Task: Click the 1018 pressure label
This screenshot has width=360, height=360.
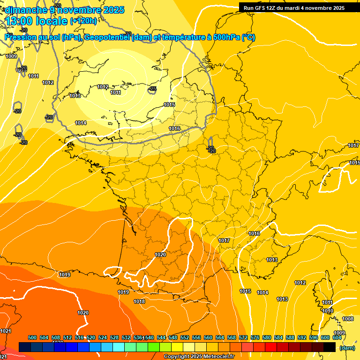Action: (x=139, y=301)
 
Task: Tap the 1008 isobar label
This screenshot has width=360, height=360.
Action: (x=348, y=319)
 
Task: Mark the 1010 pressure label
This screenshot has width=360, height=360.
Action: (x=328, y=311)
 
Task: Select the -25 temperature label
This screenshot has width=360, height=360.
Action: (x=152, y=89)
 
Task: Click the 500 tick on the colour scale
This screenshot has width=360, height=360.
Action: (x=32, y=337)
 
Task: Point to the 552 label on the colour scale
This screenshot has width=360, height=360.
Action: (x=185, y=337)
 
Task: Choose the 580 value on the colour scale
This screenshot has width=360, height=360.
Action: (x=267, y=337)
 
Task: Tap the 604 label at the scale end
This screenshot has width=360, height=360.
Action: (x=337, y=337)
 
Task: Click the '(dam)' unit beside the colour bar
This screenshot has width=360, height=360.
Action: (x=347, y=347)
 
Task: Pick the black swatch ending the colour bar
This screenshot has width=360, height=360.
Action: (x=330, y=347)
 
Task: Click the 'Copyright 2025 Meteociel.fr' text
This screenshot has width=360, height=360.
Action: (x=199, y=357)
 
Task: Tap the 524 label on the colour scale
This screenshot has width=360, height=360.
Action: (x=103, y=337)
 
